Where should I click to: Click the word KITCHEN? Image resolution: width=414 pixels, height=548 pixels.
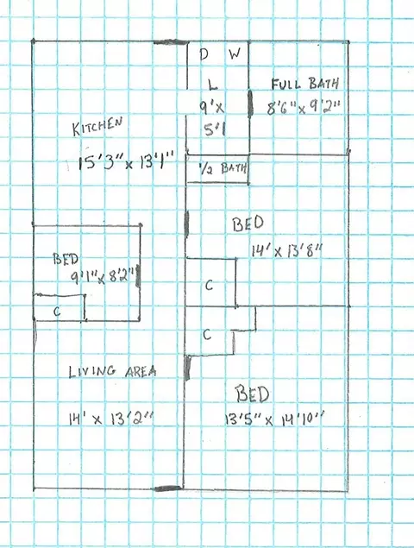click(x=97, y=126)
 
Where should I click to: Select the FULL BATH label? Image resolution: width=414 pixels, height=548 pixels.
click(x=305, y=84)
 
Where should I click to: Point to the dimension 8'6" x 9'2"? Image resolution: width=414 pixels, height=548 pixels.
click(x=304, y=107)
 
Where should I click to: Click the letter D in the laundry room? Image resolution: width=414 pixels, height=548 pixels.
click(x=204, y=54)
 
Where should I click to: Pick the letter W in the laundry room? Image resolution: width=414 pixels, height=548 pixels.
click(x=235, y=54)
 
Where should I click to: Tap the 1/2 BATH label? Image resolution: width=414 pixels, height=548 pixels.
click(x=223, y=169)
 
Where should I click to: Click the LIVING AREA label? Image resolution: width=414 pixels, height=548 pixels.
click(x=112, y=371)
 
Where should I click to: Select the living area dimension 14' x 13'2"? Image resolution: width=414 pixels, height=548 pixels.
click(x=111, y=419)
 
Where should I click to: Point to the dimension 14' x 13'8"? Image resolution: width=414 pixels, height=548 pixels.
click(x=286, y=251)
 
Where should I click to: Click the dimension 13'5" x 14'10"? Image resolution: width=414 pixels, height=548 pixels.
click(x=273, y=419)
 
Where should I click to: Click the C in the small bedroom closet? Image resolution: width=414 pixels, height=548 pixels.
click(x=57, y=311)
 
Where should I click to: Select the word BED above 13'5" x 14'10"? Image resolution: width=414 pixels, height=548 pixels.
click(x=252, y=394)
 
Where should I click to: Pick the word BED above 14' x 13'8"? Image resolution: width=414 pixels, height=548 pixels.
click(x=248, y=224)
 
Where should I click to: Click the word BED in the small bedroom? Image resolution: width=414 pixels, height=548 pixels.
click(x=66, y=259)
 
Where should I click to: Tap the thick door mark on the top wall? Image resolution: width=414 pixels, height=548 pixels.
click(x=171, y=42)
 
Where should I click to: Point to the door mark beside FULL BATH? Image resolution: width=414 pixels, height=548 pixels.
click(x=250, y=104)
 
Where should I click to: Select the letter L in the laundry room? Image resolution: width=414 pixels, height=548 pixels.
click(x=212, y=84)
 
